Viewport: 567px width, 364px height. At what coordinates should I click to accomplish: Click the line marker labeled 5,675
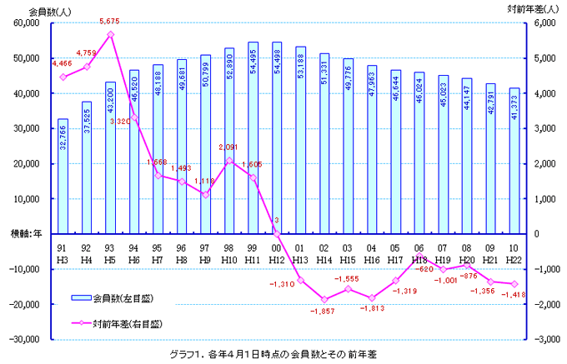110,34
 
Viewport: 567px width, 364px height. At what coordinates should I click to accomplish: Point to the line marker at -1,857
324,299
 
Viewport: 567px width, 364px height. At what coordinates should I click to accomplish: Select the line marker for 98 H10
229,160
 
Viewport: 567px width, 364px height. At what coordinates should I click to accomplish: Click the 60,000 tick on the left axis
34,23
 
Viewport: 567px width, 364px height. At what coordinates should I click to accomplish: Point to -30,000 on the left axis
33,339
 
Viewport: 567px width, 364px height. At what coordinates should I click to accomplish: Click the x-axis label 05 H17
395,254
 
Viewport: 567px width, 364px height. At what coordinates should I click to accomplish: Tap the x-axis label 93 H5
110,254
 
